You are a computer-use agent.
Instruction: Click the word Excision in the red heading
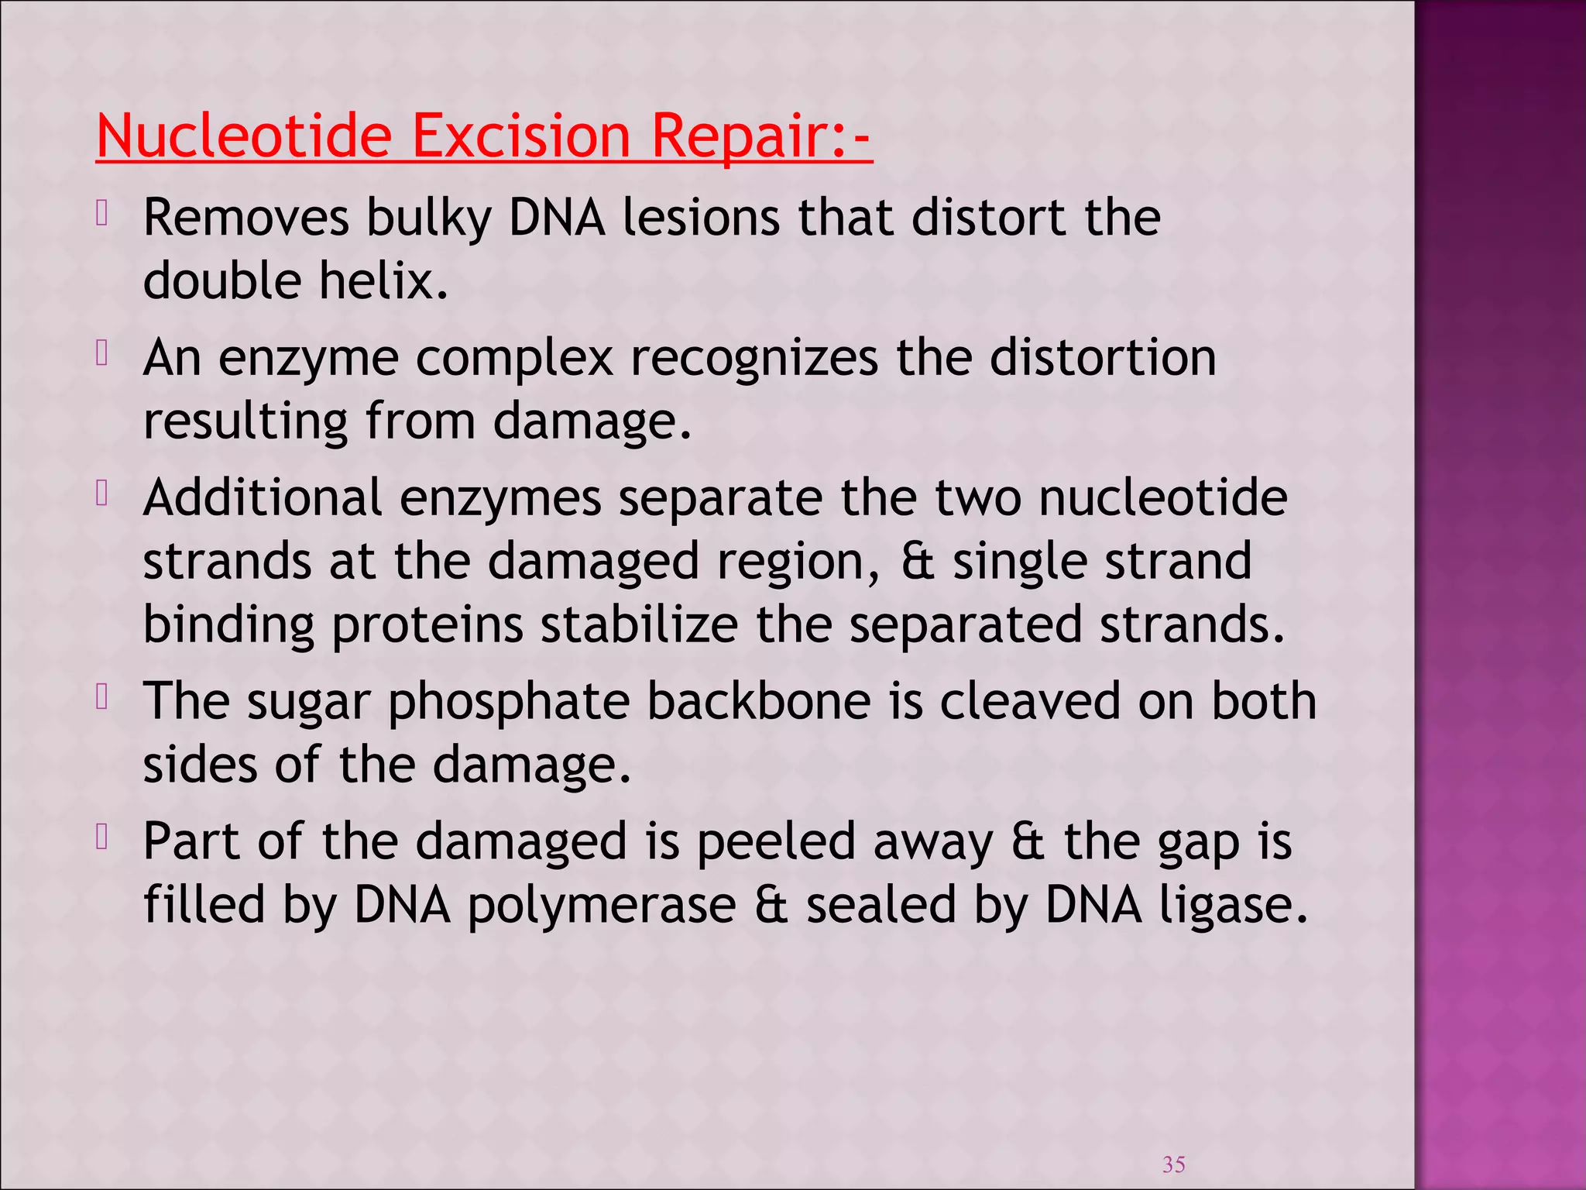point(520,136)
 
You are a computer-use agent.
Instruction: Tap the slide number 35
point(1173,1164)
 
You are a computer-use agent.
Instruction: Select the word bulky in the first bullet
point(428,218)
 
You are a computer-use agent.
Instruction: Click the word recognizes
point(754,359)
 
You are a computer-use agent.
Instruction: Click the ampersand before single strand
point(918,561)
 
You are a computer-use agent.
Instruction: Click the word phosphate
point(509,703)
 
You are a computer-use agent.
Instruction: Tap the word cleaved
point(1030,701)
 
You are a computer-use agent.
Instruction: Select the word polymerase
point(602,906)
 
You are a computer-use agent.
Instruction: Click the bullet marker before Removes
point(102,214)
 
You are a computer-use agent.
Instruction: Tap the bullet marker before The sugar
point(102,697)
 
